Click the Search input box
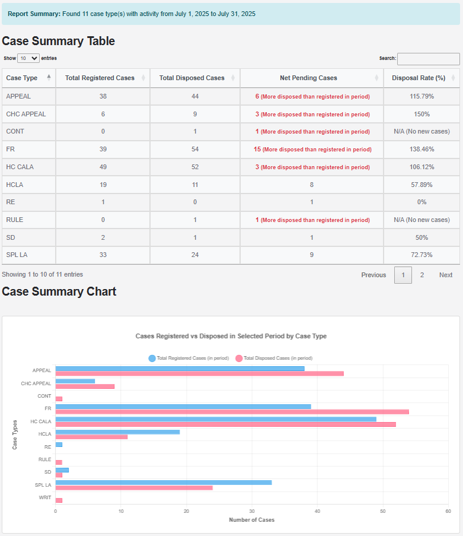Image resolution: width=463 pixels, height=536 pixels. tap(428, 59)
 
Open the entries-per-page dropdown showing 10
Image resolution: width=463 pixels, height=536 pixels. tap(28, 58)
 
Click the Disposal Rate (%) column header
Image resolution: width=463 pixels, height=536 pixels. tap(418, 78)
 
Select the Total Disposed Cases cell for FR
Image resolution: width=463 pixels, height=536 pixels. tap(195, 150)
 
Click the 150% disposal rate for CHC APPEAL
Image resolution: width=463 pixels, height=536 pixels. tap(422, 114)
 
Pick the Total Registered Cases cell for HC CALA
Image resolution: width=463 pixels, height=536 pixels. tap(103, 167)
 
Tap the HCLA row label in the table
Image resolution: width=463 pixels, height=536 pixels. tap(15, 185)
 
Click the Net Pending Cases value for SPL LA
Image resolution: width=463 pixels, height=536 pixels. tap(312, 255)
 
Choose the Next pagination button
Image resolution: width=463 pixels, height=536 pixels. tap(445, 275)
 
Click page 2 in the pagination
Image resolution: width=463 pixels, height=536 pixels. tap(422, 275)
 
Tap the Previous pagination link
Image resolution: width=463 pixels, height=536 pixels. tap(373, 275)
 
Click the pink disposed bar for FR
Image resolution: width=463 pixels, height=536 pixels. tap(232, 411)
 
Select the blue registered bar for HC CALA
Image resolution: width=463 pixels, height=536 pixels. tap(216, 419)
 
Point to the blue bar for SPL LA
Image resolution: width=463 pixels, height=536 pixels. tap(164, 483)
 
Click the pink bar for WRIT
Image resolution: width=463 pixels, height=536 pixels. tap(59, 500)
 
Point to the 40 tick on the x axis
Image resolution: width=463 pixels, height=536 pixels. tap(318, 511)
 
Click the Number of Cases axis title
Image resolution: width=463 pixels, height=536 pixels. tap(251, 520)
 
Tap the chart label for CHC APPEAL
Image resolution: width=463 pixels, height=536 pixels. tap(36, 383)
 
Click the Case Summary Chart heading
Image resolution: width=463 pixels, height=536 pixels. tap(59, 291)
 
